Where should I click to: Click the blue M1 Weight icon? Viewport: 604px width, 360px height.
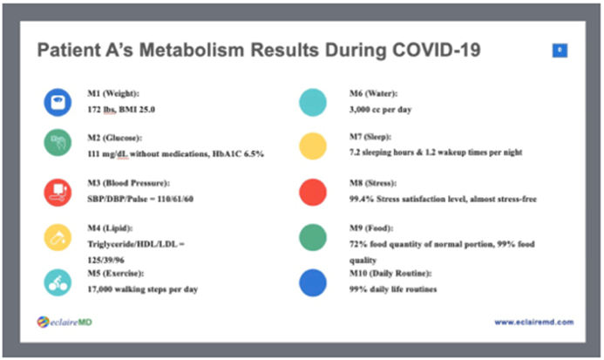tap(58, 102)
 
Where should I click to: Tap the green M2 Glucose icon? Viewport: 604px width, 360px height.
tap(58, 144)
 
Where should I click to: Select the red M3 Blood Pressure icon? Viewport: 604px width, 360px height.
tap(58, 191)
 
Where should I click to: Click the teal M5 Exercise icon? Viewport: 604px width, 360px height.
tap(58, 281)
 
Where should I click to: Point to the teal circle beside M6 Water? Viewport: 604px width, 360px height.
tap(312, 102)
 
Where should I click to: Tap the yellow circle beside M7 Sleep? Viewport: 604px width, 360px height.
tap(312, 146)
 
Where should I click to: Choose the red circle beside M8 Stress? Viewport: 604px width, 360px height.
tap(312, 191)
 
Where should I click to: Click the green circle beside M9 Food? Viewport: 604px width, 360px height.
tap(312, 237)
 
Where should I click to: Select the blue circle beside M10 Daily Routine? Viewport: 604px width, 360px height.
tap(312, 282)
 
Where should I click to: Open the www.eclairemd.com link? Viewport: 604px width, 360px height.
tap(533, 323)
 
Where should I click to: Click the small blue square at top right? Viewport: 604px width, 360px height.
tap(560, 51)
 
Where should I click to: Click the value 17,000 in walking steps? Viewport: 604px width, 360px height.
tap(105, 289)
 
